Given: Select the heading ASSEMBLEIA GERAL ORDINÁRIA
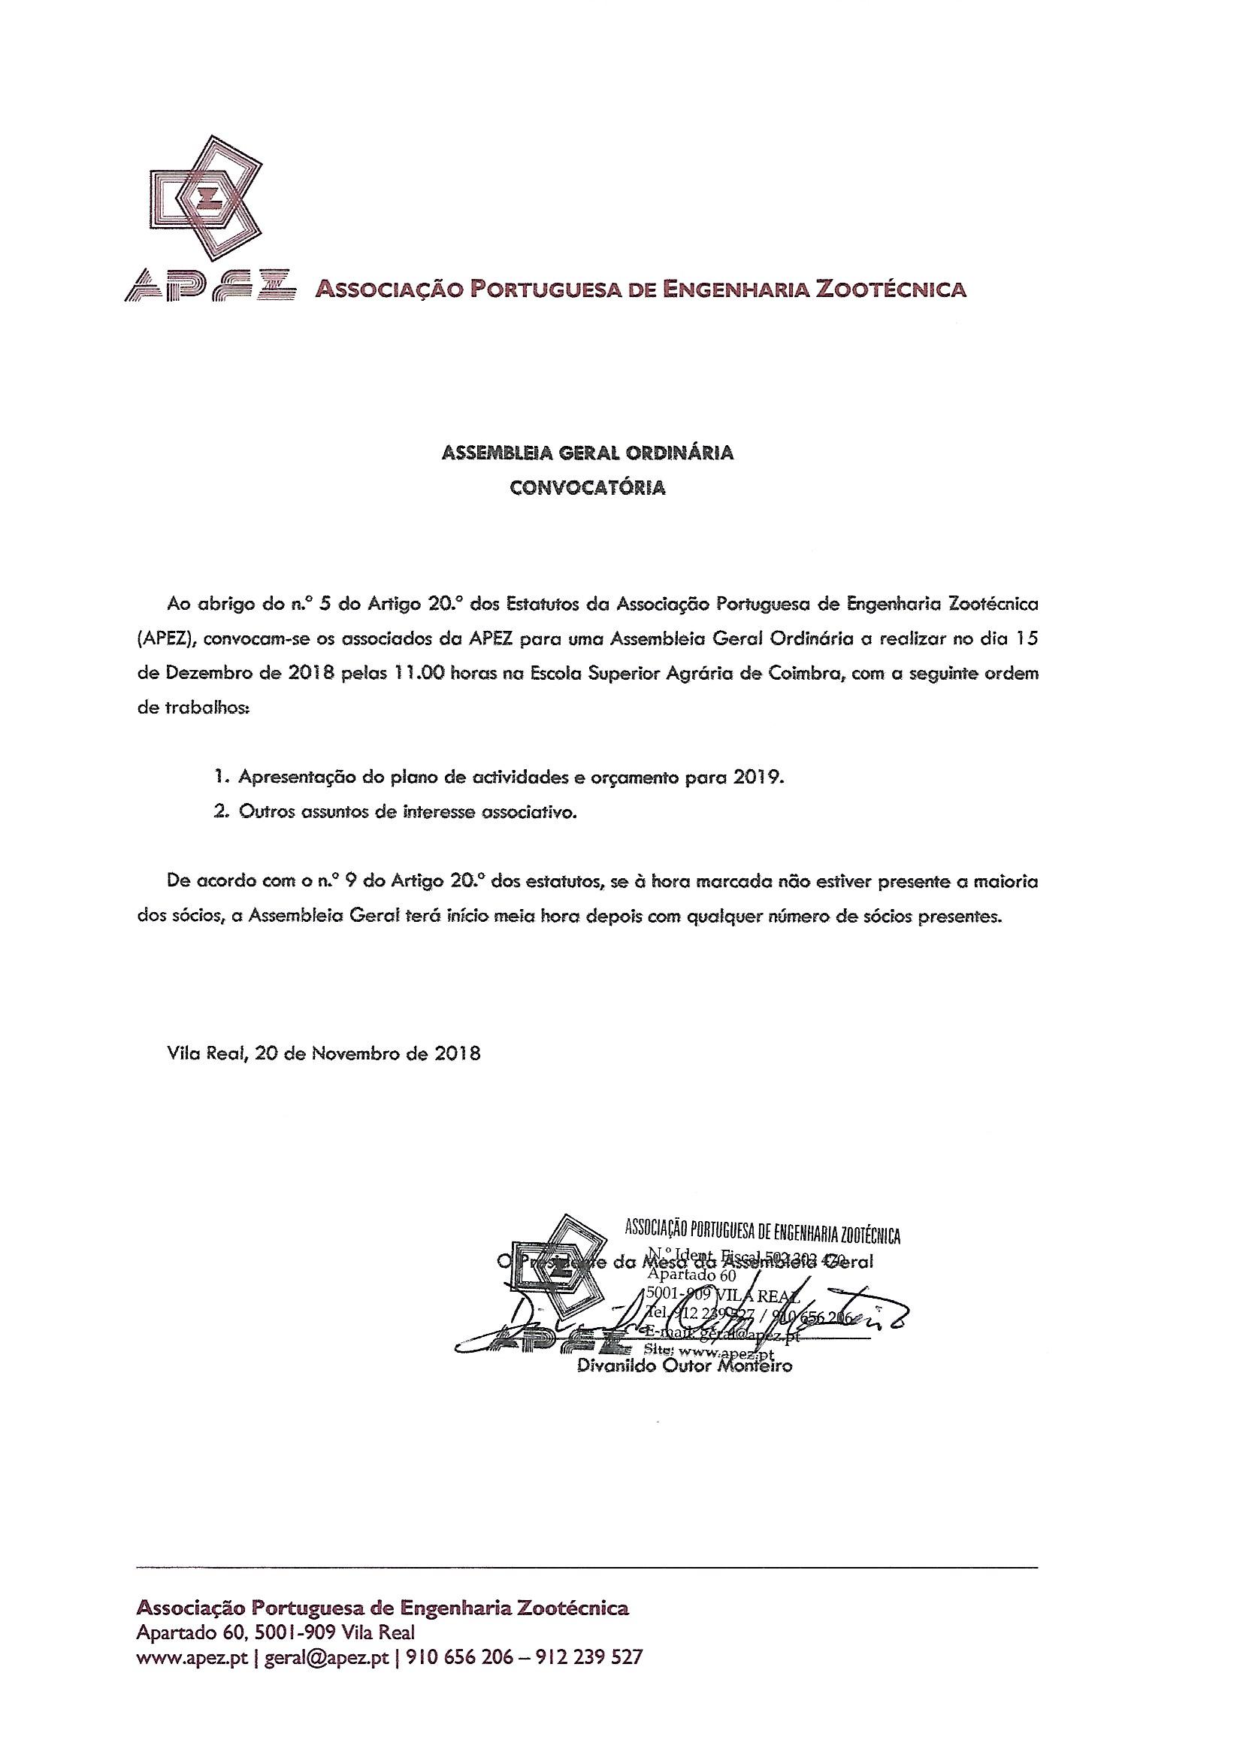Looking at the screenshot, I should (587, 453).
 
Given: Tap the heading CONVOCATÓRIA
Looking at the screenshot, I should (588, 488).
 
